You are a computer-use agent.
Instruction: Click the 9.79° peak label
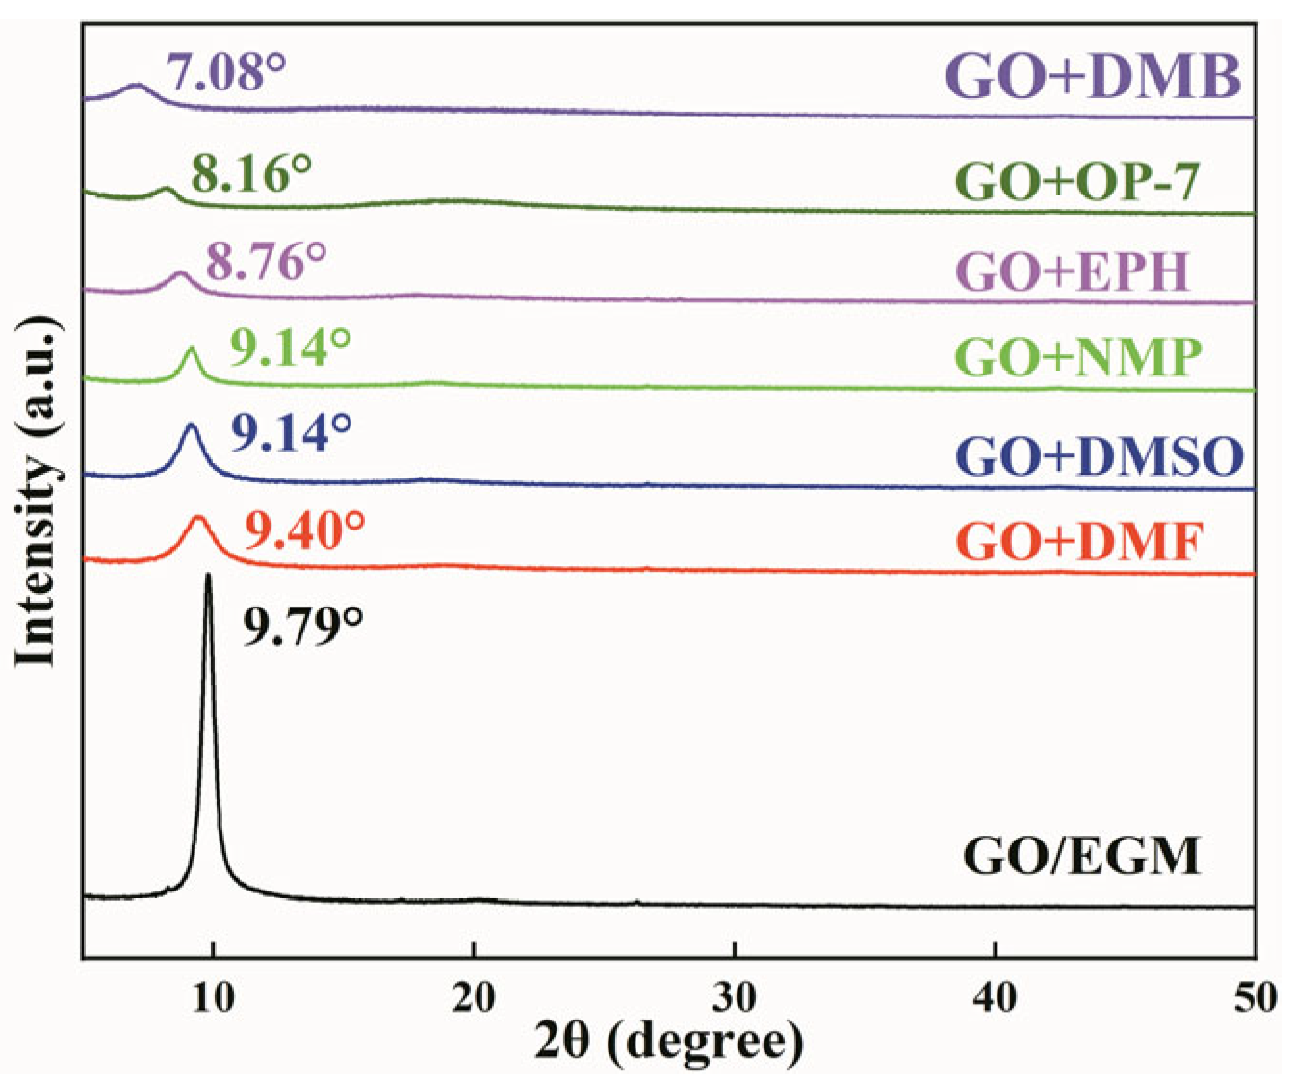(x=301, y=628)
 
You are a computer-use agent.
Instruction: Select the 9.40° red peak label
(x=303, y=530)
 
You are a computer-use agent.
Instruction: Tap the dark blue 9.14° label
(x=290, y=434)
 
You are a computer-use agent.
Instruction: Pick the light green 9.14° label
(x=290, y=348)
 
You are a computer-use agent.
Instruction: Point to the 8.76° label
(x=266, y=261)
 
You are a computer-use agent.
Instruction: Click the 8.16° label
(x=250, y=174)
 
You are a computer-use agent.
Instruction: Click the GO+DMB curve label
(x=1094, y=77)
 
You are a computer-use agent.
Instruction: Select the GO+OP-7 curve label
(x=1078, y=181)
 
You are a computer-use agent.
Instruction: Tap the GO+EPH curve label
(x=1075, y=272)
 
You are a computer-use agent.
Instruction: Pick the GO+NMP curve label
(x=1079, y=357)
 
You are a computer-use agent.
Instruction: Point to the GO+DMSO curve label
(x=1100, y=456)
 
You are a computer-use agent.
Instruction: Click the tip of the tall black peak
(x=208, y=576)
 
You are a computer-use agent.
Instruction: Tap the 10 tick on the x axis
(x=213, y=997)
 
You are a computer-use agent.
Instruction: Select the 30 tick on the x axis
(x=735, y=997)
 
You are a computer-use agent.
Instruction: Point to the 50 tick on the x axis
(x=1255, y=997)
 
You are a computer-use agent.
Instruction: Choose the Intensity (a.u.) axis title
(x=37, y=491)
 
